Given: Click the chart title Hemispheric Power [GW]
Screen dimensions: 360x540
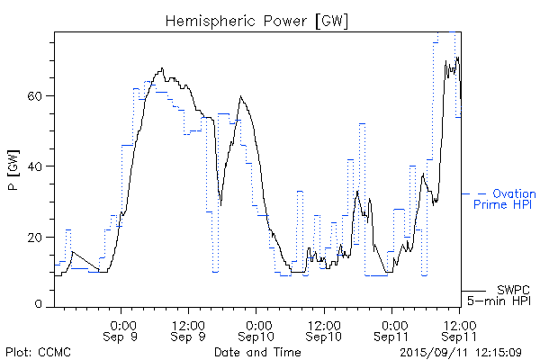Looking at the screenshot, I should [x=257, y=20].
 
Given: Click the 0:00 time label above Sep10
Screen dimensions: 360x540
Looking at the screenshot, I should [x=256, y=324].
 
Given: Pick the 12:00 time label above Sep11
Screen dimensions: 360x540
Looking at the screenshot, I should [x=460, y=324].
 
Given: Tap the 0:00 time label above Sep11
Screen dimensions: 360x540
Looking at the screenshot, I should [x=392, y=324].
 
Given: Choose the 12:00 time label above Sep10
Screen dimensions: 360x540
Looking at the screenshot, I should [x=324, y=324].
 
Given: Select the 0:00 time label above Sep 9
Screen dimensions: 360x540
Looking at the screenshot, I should [x=122, y=324].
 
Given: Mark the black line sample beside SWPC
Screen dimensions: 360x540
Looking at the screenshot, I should [x=474, y=291].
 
